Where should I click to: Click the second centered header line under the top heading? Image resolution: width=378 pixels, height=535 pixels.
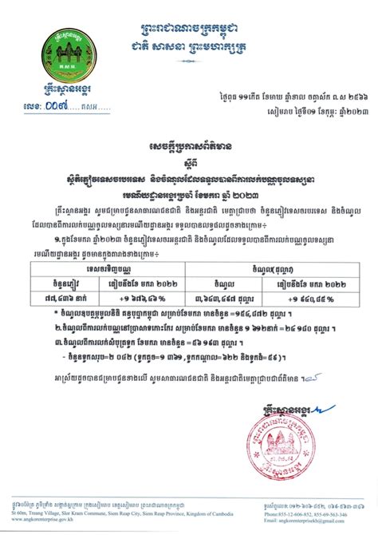point(189,29)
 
